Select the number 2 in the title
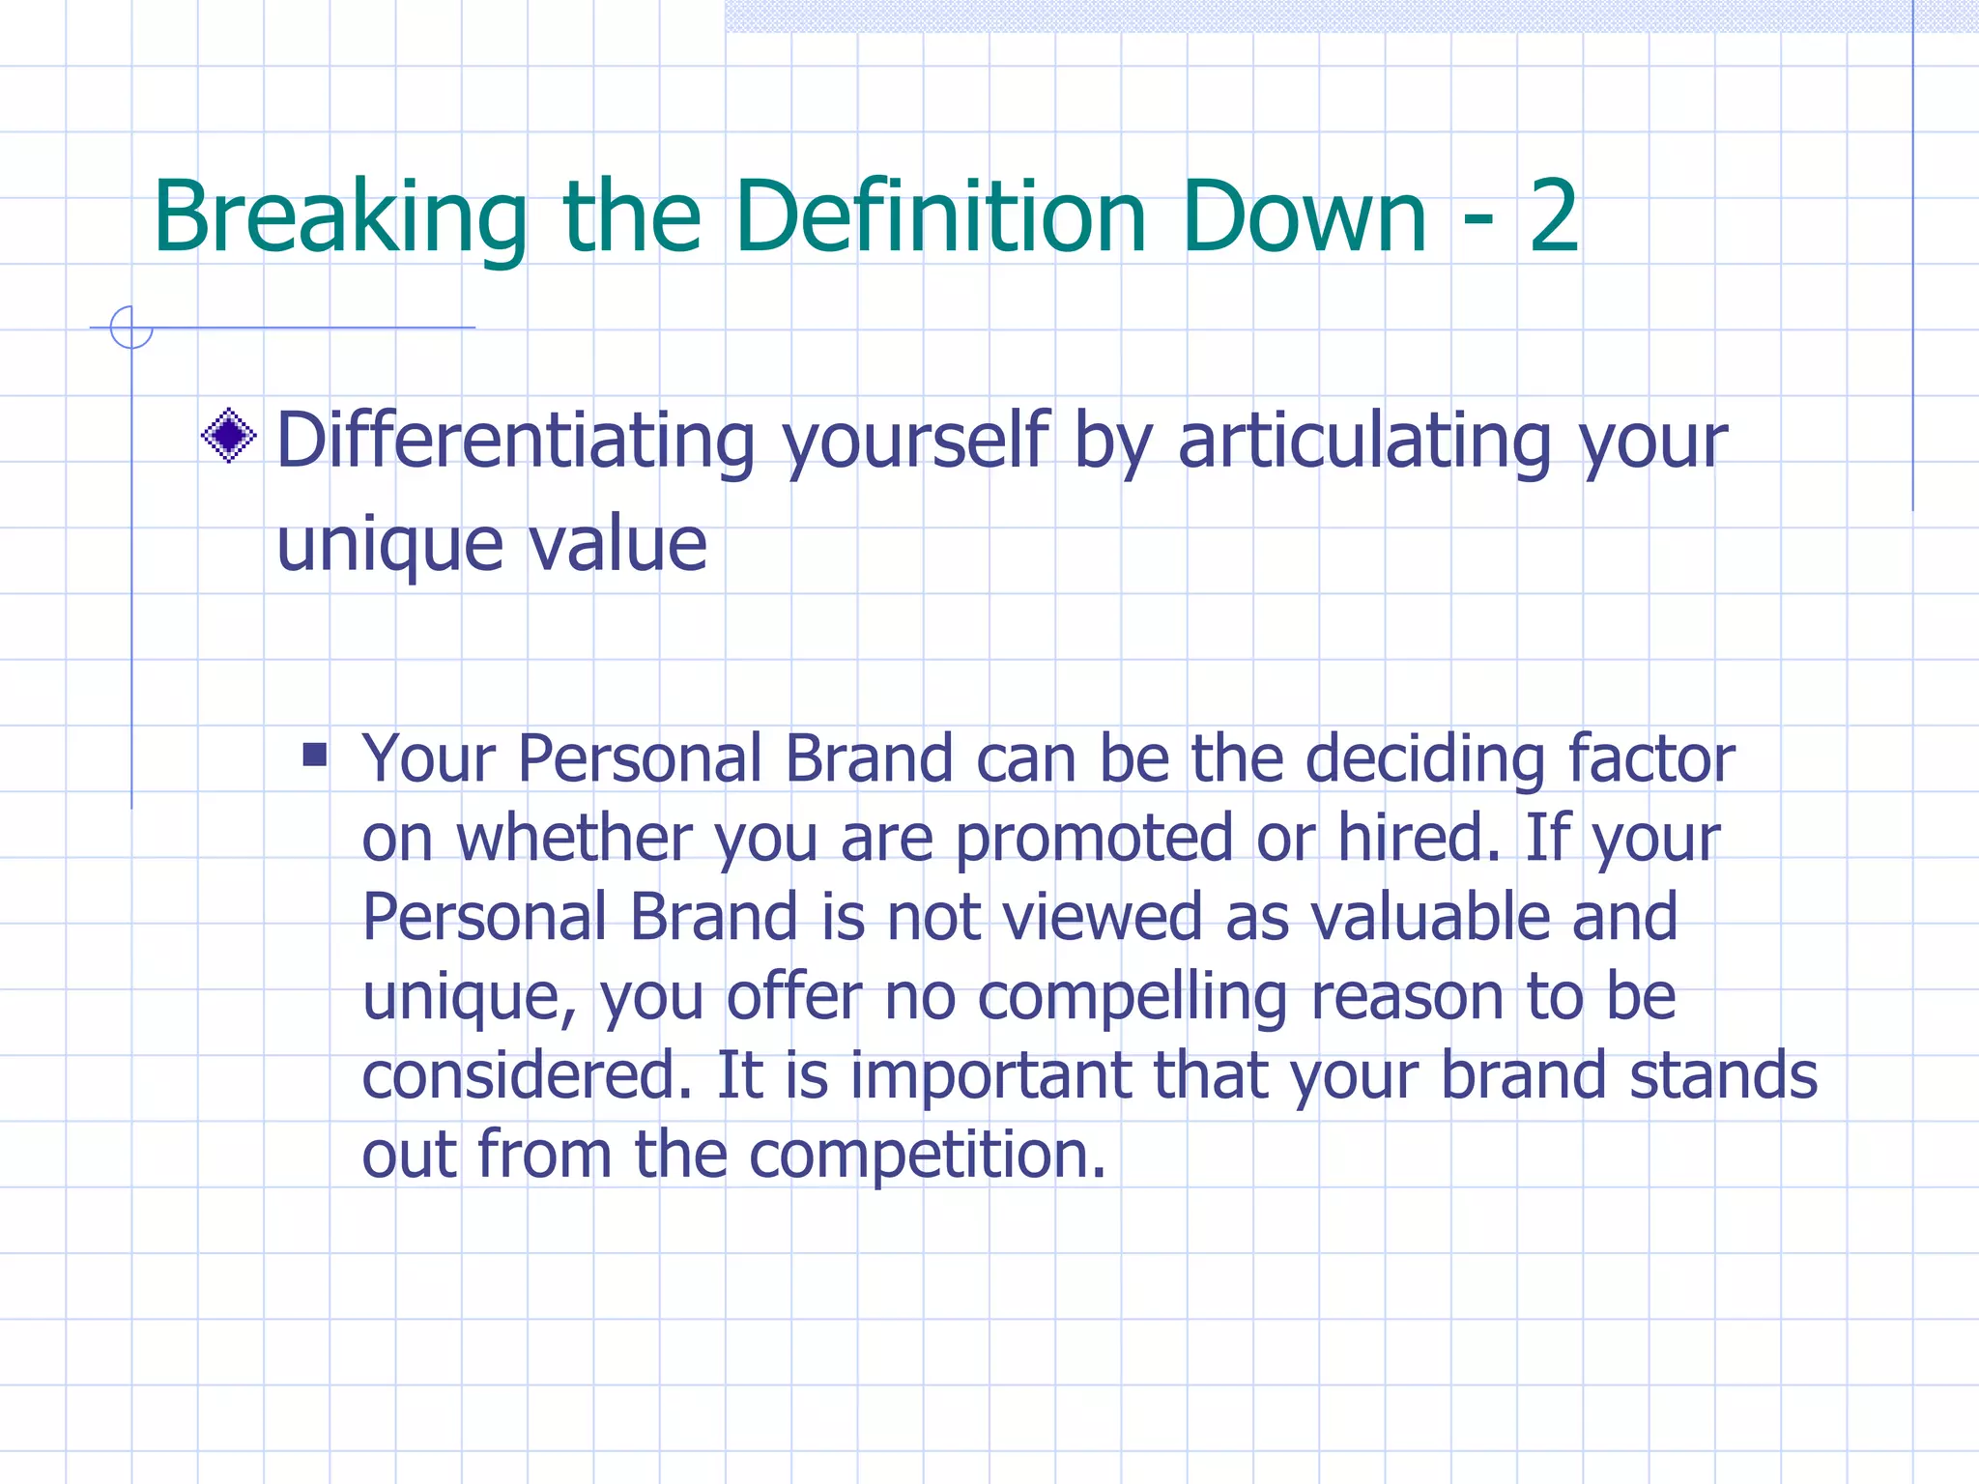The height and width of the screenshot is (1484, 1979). point(1553,217)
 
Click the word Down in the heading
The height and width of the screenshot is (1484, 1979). point(1304,217)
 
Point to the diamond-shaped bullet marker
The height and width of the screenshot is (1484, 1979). point(229,436)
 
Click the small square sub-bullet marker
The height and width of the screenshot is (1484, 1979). point(314,754)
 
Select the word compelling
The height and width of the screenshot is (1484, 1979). point(1132,997)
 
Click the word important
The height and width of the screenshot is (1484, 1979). point(989,1075)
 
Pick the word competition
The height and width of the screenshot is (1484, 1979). point(927,1156)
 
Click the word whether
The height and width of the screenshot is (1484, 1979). point(574,838)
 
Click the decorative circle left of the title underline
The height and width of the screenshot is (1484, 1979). point(131,328)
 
